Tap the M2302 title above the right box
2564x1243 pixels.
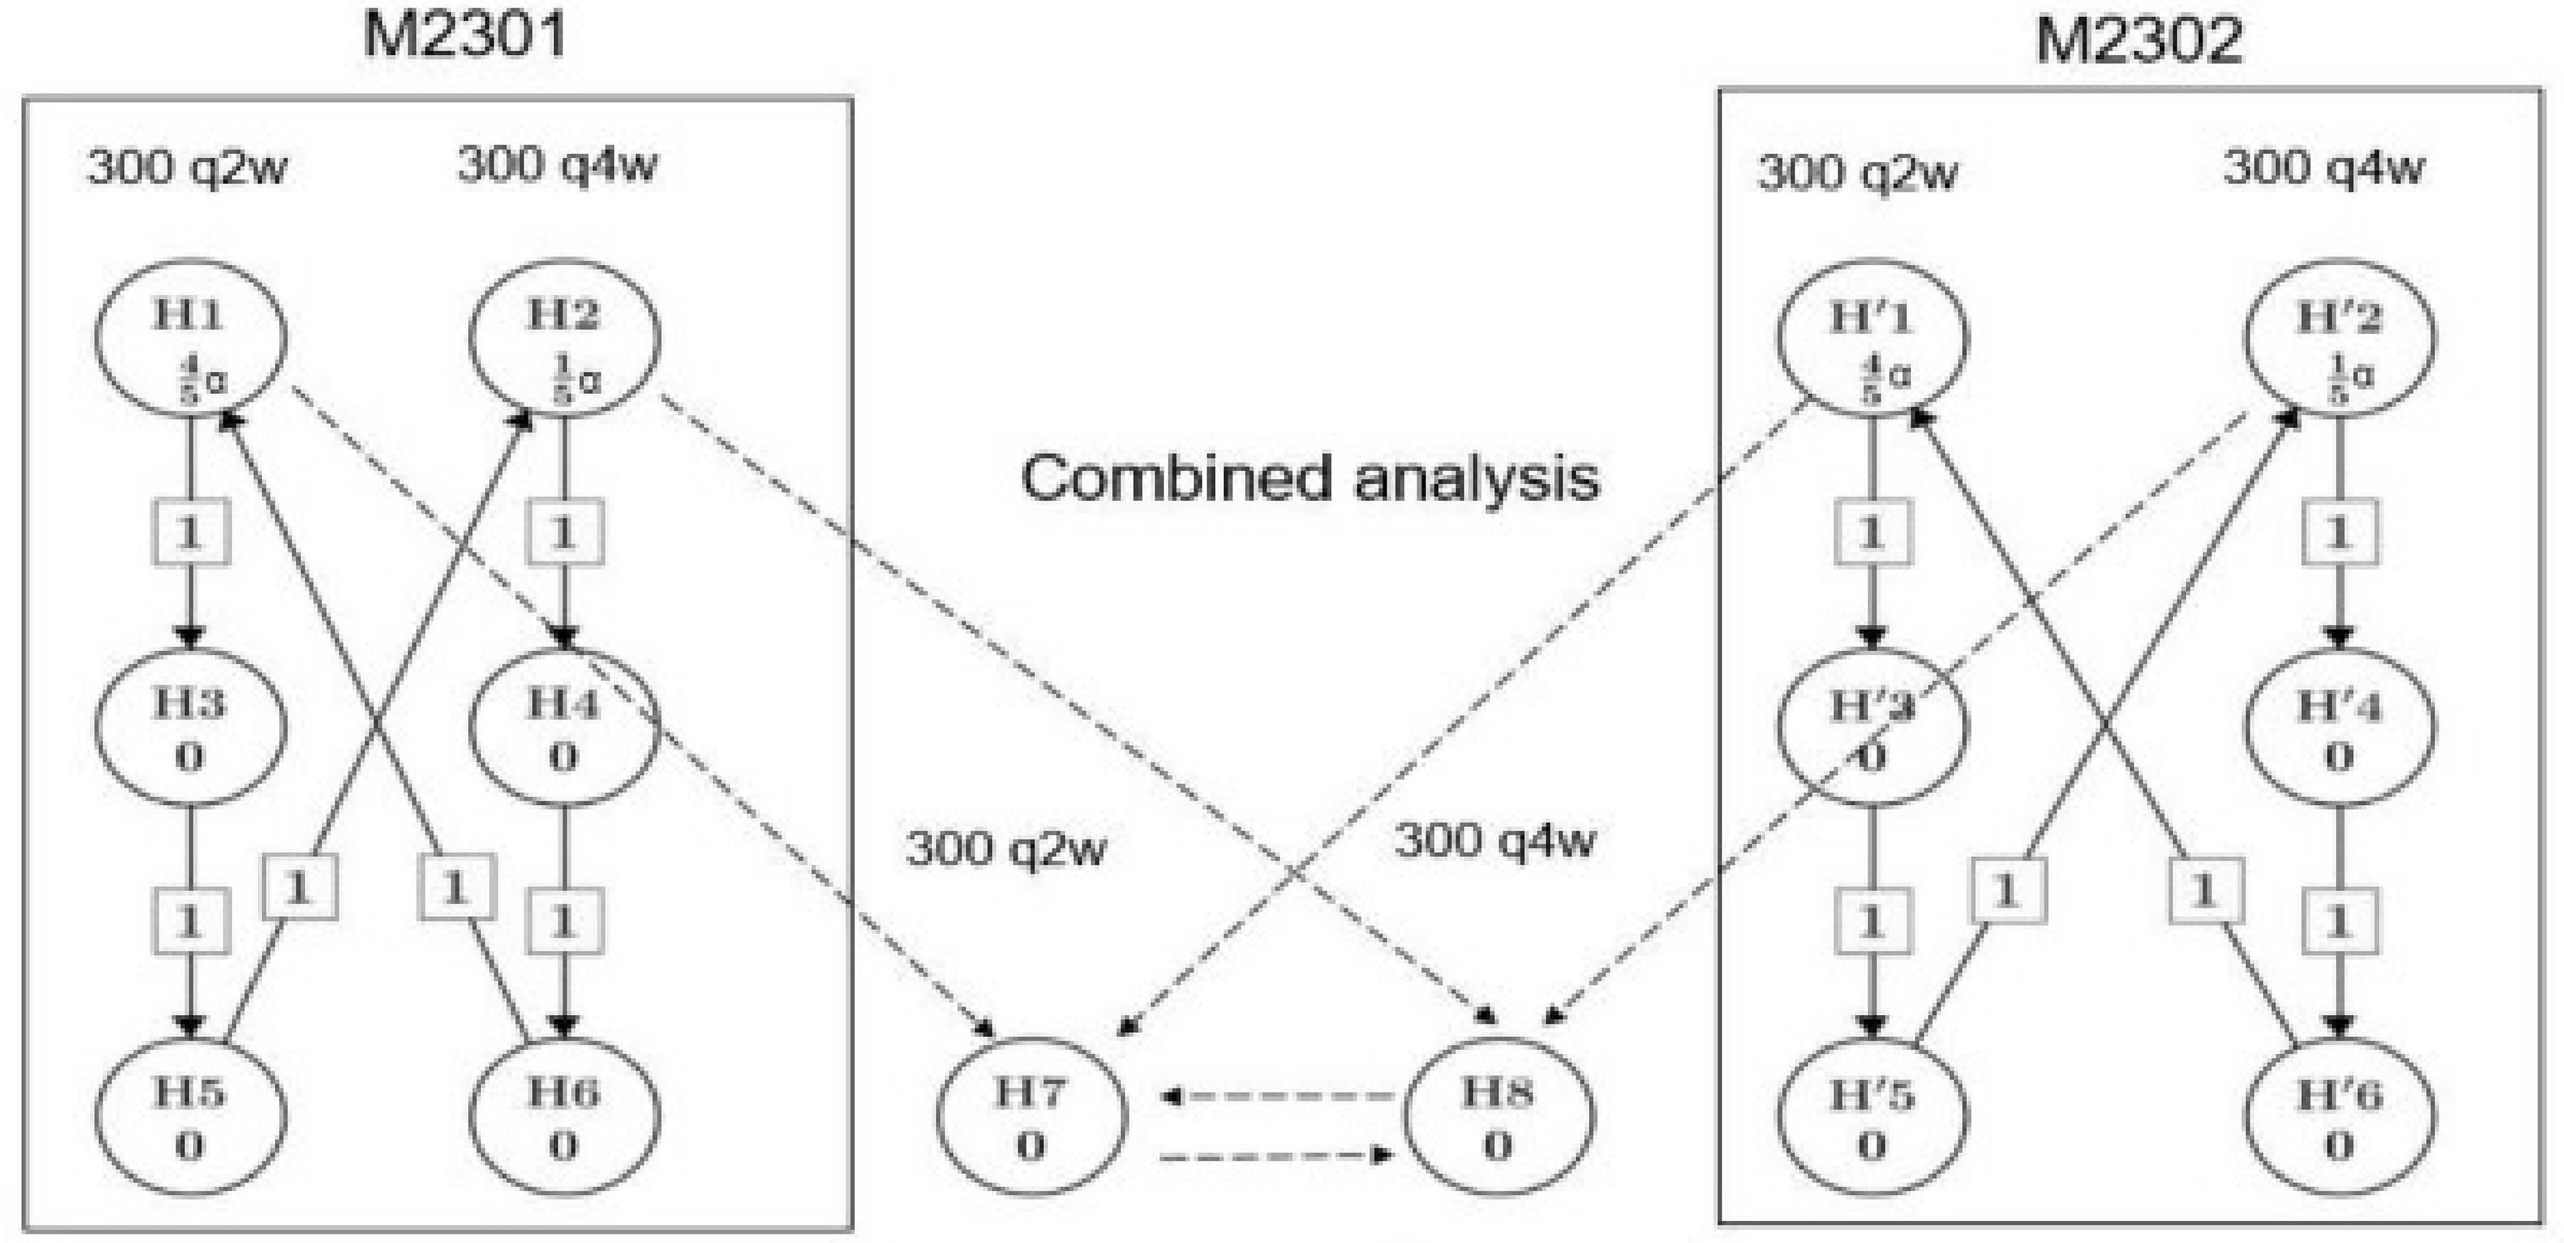click(x=2139, y=41)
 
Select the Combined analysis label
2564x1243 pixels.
click(x=1310, y=478)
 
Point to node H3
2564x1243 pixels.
click(x=190, y=727)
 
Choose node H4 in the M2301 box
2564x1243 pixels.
click(x=564, y=727)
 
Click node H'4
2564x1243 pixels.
click(x=2339, y=727)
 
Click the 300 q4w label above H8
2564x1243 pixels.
click(x=1494, y=841)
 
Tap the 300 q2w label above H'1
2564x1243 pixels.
click(x=1857, y=173)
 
